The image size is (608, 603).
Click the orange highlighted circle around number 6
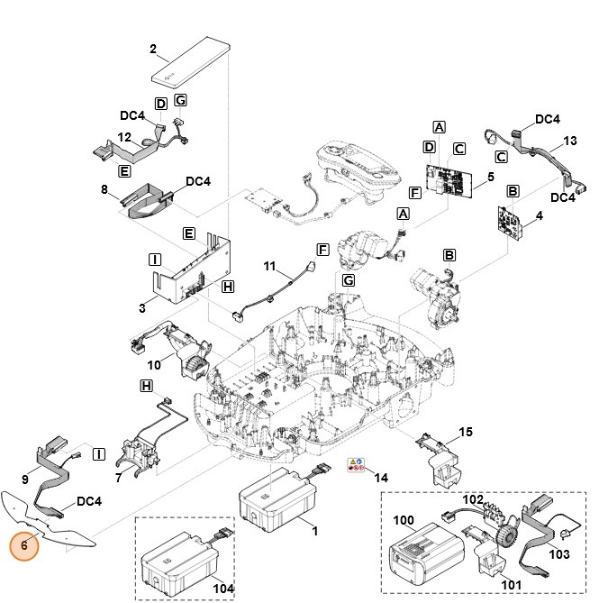click(25, 545)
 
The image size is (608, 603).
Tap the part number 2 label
click(153, 48)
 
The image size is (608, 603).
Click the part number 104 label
click(223, 588)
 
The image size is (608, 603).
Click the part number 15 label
click(466, 433)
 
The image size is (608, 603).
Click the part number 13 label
click(569, 142)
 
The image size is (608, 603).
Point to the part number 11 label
click(269, 268)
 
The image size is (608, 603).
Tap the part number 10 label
click(155, 364)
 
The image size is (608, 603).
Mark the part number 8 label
click(104, 190)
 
